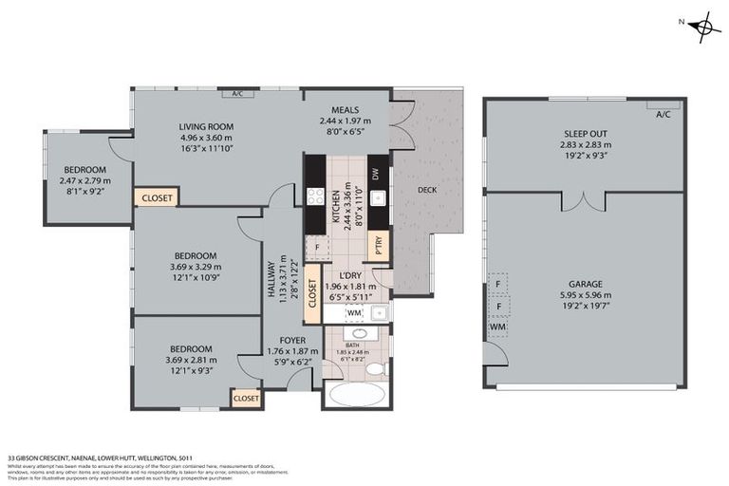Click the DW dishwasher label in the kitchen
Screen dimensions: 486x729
coord(377,174)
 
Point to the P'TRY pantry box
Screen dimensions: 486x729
coord(378,245)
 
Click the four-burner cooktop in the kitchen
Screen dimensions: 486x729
coord(315,196)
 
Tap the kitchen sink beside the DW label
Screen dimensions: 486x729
coord(377,198)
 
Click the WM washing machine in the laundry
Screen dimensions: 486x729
coord(353,311)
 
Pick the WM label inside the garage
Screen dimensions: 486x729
coord(497,327)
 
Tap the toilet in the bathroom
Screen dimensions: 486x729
coord(375,368)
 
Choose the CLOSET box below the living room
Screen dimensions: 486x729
coord(156,197)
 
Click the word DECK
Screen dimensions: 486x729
coord(426,190)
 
